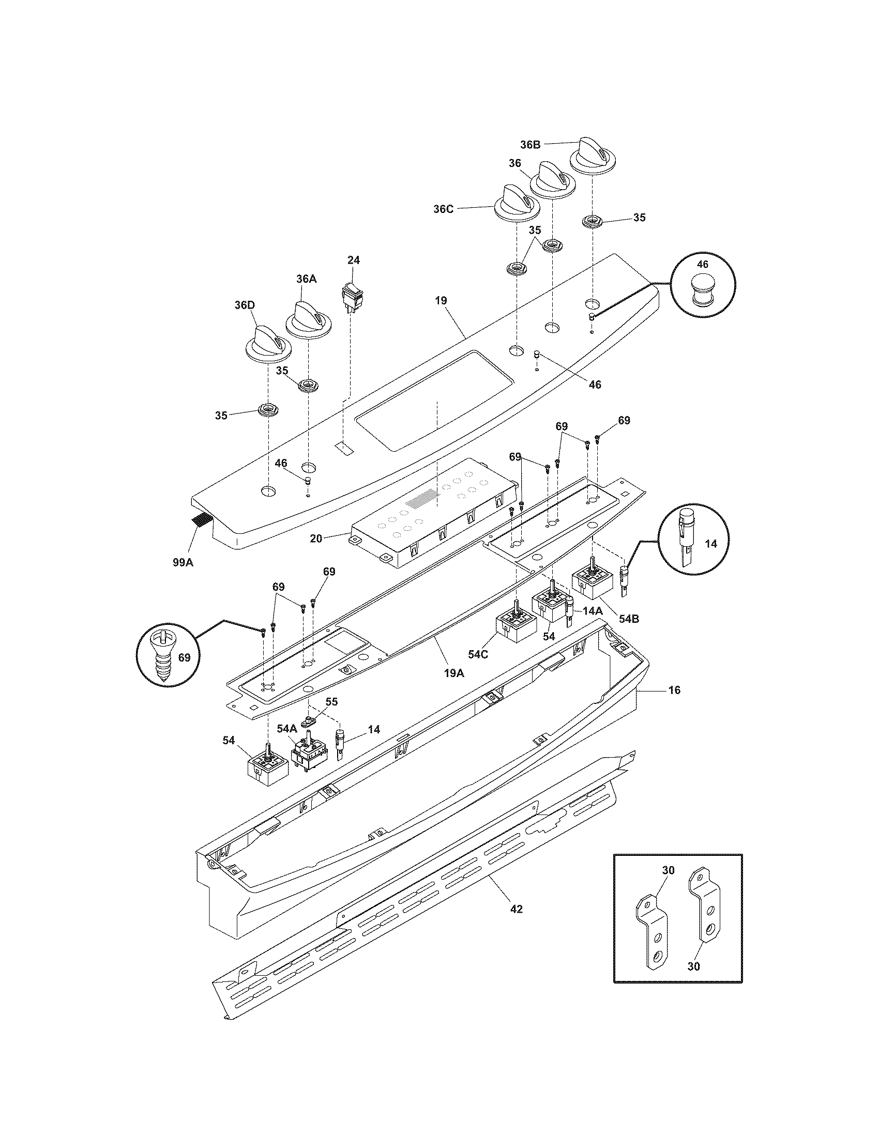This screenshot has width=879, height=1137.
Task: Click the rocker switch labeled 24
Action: pos(353,296)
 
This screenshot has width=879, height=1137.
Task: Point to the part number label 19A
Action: pos(453,672)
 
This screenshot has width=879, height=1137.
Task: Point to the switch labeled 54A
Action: pos(307,754)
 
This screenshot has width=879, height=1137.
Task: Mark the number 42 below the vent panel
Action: pos(516,909)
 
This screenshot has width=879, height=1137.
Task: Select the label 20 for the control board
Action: pos(316,539)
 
